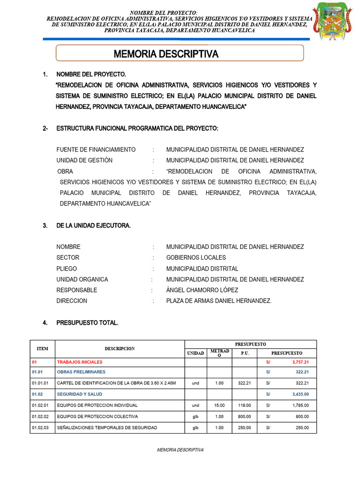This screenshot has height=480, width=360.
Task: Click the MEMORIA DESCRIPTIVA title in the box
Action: click(x=166, y=54)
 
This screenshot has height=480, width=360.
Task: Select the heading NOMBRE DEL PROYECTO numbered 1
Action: click(x=91, y=75)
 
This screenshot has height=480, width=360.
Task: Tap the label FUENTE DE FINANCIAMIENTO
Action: click(x=96, y=150)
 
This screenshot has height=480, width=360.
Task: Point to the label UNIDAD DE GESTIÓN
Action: click(x=84, y=160)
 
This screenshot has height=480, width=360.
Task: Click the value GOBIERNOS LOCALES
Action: click(x=196, y=258)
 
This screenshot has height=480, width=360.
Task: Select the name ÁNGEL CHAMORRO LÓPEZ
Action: click(x=202, y=290)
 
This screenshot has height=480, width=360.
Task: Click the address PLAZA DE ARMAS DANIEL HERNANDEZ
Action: click(x=218, y=301)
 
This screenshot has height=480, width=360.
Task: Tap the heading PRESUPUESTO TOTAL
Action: click(x=87, y=323)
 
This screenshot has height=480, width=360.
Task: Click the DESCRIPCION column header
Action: click(x=120, y=349)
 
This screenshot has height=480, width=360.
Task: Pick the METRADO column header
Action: click(x=219, y=353)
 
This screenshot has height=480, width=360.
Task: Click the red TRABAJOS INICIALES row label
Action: click(x=79, y=362)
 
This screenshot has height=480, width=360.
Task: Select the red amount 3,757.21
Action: click(x=300, y=362)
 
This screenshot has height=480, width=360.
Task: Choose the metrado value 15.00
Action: click(x=219, y=405)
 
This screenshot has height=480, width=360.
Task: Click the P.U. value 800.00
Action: click(x=244, y=416)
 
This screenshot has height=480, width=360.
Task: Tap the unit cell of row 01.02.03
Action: click(x=195, y=427)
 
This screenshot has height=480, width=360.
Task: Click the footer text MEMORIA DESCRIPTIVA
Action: click(x=180, y=450)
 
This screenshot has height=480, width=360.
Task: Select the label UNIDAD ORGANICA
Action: click(x=82, y=279)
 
